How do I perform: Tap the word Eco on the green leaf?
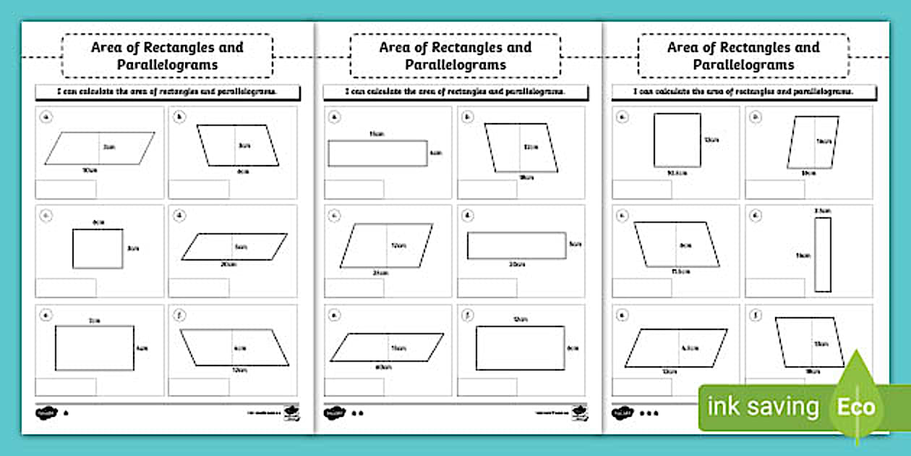click(x=856, y=406)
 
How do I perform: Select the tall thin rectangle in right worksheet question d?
click(x=823, y=255)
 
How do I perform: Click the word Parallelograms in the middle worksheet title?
click(x=455, y=64)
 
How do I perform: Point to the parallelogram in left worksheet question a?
click(x=100, y=148)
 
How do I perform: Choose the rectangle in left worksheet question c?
click(x=98, y=248)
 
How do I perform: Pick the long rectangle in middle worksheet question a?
click(x=377, y=153)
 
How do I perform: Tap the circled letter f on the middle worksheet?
click(x=468, y=315)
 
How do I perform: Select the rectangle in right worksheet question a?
click(x=677, y=140)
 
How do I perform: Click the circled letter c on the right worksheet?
click(x=623, y=215)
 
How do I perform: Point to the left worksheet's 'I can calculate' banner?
click(x=168, y=92)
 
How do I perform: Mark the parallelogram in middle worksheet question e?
click(x=387, y=347)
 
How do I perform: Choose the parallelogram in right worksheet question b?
click(x=813, y=143)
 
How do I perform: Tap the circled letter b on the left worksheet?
click(x=179, y=116)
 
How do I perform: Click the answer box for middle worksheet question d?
click(x=487, y=288)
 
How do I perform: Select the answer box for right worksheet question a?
click(x=642, y=189)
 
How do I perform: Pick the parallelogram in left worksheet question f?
click(x=234, y=347)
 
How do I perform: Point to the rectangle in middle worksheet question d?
click(x=516, y=245)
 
